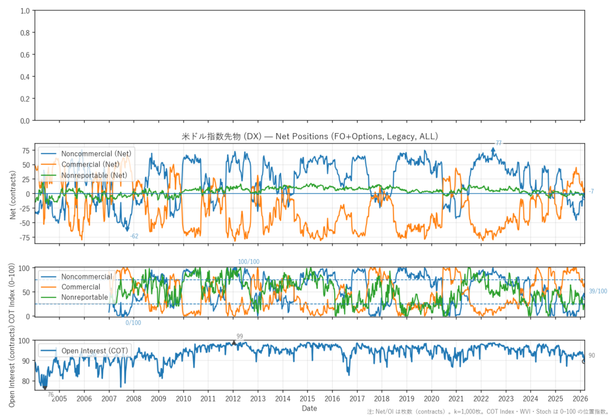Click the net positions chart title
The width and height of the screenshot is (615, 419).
[310, 137]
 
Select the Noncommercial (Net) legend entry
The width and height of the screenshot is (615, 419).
[96, 153]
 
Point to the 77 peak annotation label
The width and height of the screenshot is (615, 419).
[498, 143]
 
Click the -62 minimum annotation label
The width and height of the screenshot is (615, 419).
[135, 236]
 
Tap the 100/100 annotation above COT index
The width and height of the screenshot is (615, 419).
[249, 262]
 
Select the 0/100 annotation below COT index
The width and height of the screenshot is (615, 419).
[133, 323]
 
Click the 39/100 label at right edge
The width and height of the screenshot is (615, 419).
[598, 291]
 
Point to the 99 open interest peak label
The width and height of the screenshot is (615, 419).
[240, 336]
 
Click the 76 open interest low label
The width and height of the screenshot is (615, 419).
[50, 394]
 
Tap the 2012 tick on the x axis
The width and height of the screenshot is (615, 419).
[233, 398]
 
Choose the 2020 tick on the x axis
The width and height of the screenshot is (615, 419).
[431, 398]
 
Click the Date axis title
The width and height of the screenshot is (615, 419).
[310, 408]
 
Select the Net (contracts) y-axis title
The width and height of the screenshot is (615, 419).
[13, 193]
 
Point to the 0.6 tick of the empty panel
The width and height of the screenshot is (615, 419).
[25, 55]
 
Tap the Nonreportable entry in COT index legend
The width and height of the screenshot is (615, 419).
[85, 297]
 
